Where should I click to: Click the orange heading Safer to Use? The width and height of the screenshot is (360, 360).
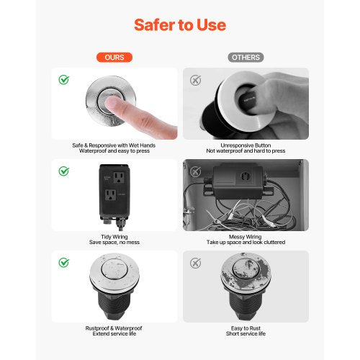[x=180, y=25]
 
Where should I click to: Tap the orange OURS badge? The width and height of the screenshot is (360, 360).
[x=115, y=57]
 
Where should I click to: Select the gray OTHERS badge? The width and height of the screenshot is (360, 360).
[x=246, y=57]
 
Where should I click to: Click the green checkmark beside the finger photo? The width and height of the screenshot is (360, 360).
[x=64, y=79]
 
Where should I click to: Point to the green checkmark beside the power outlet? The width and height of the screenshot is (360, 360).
[x=64, y=171]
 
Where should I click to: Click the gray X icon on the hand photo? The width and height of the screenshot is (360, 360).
[x=195, y=79]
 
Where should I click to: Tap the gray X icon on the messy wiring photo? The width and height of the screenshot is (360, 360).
[x=195, y=171]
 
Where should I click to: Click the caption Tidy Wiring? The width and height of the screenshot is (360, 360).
[x=115, y=236]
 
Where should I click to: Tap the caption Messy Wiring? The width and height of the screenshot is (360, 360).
[x=246, y=236]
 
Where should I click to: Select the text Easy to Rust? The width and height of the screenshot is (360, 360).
[x=246, y=328]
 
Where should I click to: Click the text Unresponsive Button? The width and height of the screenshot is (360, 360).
[x=246, y=145]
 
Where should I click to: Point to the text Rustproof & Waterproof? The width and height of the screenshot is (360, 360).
[x=115, y=328]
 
